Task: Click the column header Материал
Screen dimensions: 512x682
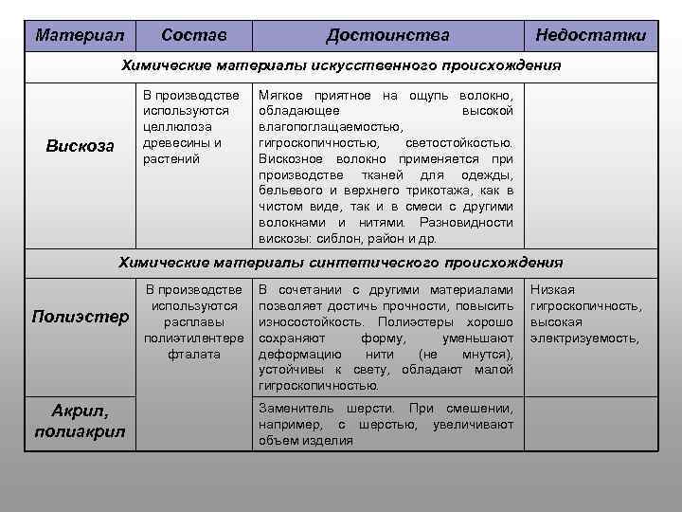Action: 80,36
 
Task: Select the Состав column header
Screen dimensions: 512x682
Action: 193,36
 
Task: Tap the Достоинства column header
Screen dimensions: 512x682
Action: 387,36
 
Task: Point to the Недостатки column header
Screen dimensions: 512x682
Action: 590,36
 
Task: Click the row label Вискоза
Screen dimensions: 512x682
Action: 80,145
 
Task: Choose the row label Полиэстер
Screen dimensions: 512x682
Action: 80,315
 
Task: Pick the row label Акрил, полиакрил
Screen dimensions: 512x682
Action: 80,422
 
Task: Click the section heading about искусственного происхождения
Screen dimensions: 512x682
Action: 340,66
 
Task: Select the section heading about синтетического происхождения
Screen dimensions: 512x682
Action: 340,262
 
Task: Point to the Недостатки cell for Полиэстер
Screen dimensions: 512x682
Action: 587,314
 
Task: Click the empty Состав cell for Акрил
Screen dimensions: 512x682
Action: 193,423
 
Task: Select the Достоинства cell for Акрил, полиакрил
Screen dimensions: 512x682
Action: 386,424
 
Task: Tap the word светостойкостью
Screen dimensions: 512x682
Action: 459,142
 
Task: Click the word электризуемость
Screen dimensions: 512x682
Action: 584,338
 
